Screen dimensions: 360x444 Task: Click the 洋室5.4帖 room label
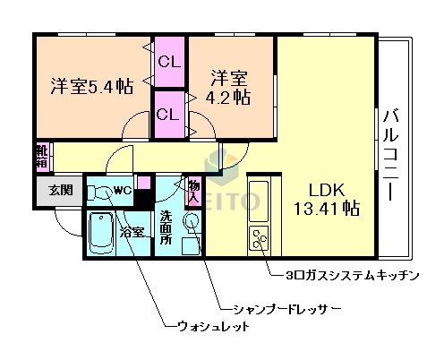coord(91,86)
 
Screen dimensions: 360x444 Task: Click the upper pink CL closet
coord(168,62)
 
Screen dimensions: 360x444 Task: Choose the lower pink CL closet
coord(167,114)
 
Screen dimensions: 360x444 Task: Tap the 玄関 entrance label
coord(60,190)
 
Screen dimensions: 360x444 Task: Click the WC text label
coord(123,190)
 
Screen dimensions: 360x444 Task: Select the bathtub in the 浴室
coord(104,236)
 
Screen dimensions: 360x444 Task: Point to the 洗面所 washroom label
coord(166,227)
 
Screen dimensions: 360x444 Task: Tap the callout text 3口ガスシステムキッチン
coord(349,276)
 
